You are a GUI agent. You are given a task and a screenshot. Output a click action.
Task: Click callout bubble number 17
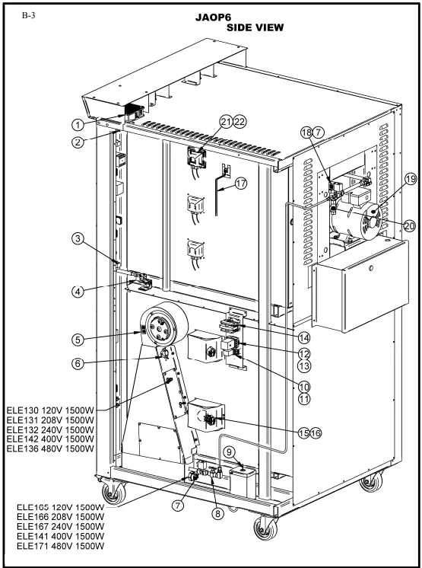pyautogui.click(x=242, y=183)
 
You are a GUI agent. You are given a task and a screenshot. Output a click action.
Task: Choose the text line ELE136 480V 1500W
pyautogui.click(x=52, y=449)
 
